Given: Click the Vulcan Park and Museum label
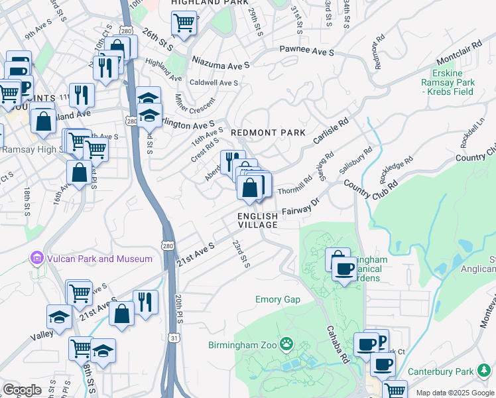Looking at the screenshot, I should coord(99,259).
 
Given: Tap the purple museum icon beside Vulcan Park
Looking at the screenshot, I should coord(36,258).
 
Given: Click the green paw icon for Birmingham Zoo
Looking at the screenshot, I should coord(286,344).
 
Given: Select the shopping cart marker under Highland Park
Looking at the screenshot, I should coord(184,23).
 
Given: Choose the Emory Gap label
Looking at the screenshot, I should coord(278,299).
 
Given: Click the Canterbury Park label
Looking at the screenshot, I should coord(448,371).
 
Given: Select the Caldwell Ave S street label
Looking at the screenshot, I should coord(214,83).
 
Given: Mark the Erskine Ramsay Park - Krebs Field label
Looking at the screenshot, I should coord(446,82).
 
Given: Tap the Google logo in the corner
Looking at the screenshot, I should coord(22,390).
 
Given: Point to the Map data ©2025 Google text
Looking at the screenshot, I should coord(454,393).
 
